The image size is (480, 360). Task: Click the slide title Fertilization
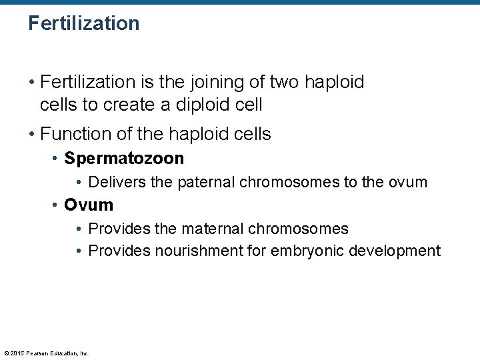pos(84,23)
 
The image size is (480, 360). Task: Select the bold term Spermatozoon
pos(124,159)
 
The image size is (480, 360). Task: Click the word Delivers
pos(117,182)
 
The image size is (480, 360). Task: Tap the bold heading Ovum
pos(89,205)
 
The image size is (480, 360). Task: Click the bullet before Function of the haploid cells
pos(31,134)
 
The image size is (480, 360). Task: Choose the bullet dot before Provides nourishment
pos(79,251)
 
